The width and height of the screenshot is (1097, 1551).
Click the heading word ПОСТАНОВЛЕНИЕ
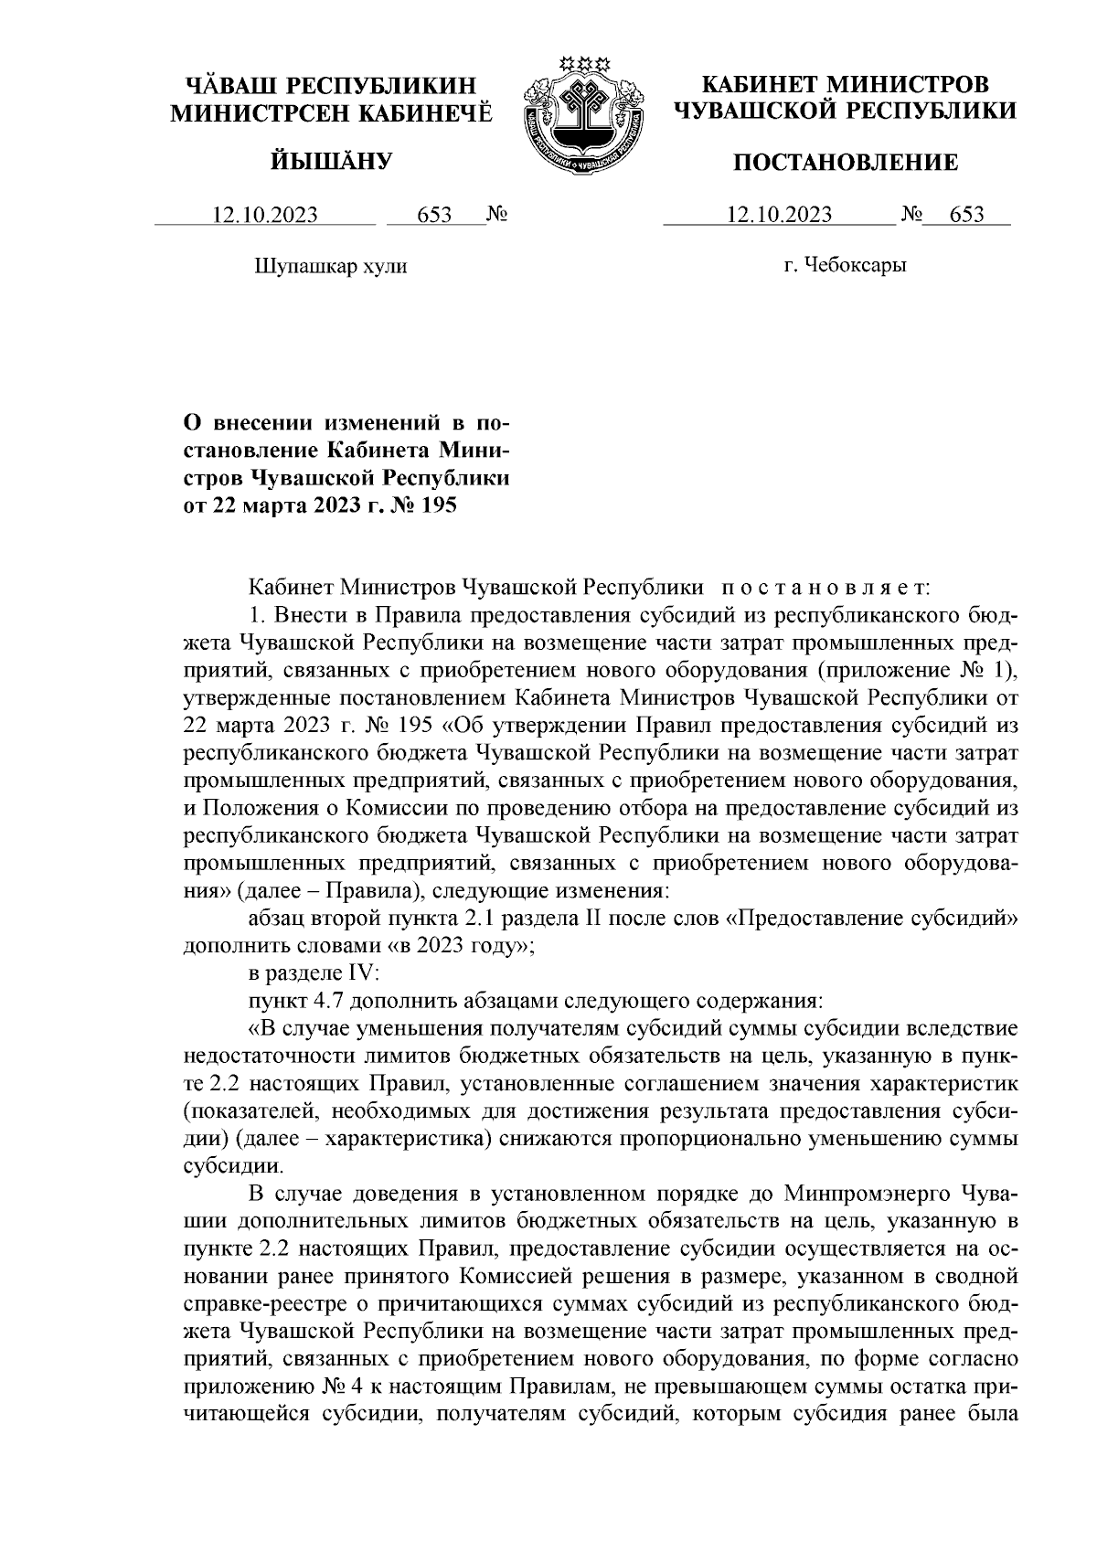tap(847, 163)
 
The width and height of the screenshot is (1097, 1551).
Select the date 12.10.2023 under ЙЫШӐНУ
tap(265, 216)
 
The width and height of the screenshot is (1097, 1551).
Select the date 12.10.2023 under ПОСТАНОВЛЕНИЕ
tap(779, 216)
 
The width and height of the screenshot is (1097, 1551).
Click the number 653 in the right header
tap(967, 216)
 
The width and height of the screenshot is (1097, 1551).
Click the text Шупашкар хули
tap(329, 266)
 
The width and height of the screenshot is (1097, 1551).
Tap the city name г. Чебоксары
tap(845, 266)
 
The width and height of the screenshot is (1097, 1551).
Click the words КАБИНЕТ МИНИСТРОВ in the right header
tap(845, 85)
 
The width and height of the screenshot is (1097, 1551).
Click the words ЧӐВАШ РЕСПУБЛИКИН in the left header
tap(331, 86)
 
